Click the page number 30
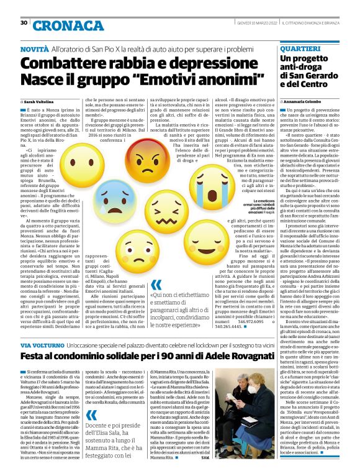[x=24, y=23]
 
